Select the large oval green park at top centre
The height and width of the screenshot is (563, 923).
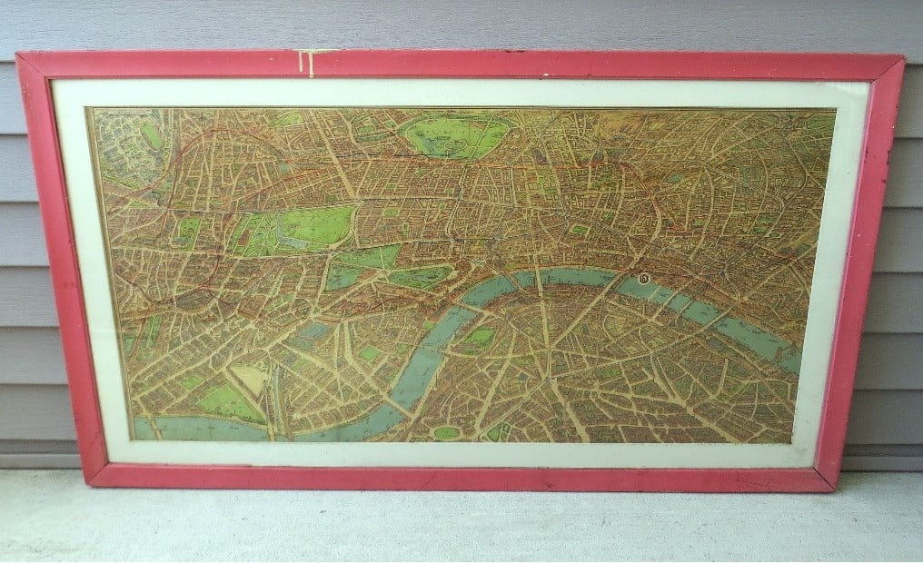(x=456, y=134)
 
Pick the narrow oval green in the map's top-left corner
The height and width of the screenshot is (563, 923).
(x=151, y=135)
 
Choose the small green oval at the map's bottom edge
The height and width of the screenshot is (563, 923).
(x=446, y=433)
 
